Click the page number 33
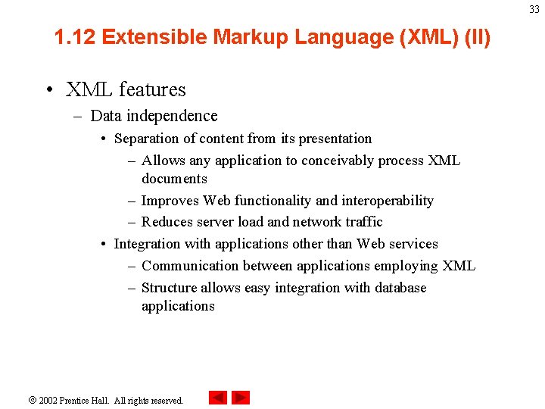click(534, 9)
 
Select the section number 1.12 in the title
click(75, 37)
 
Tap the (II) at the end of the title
click(477, 37)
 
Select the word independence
click(176, 116)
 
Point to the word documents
click(174, 179)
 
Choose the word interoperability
click(388, 201)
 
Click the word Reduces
click(167, 222)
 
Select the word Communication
click(189, 266)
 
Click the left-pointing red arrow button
click(218, 398)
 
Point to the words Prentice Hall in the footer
click(86, 400)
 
